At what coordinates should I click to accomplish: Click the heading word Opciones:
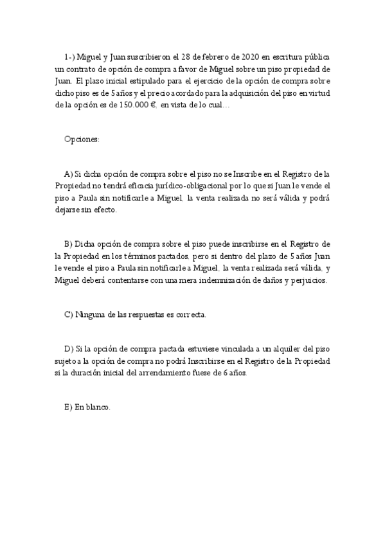coord(82,139)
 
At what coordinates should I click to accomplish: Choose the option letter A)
coord(69,174)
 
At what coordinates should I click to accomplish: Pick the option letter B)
coord(69,244)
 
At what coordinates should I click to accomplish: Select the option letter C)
coord(69,314)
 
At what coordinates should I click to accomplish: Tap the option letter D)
coord(69,349)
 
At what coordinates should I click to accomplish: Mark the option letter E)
coord(69,407)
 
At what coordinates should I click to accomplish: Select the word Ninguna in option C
coord(89,314)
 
